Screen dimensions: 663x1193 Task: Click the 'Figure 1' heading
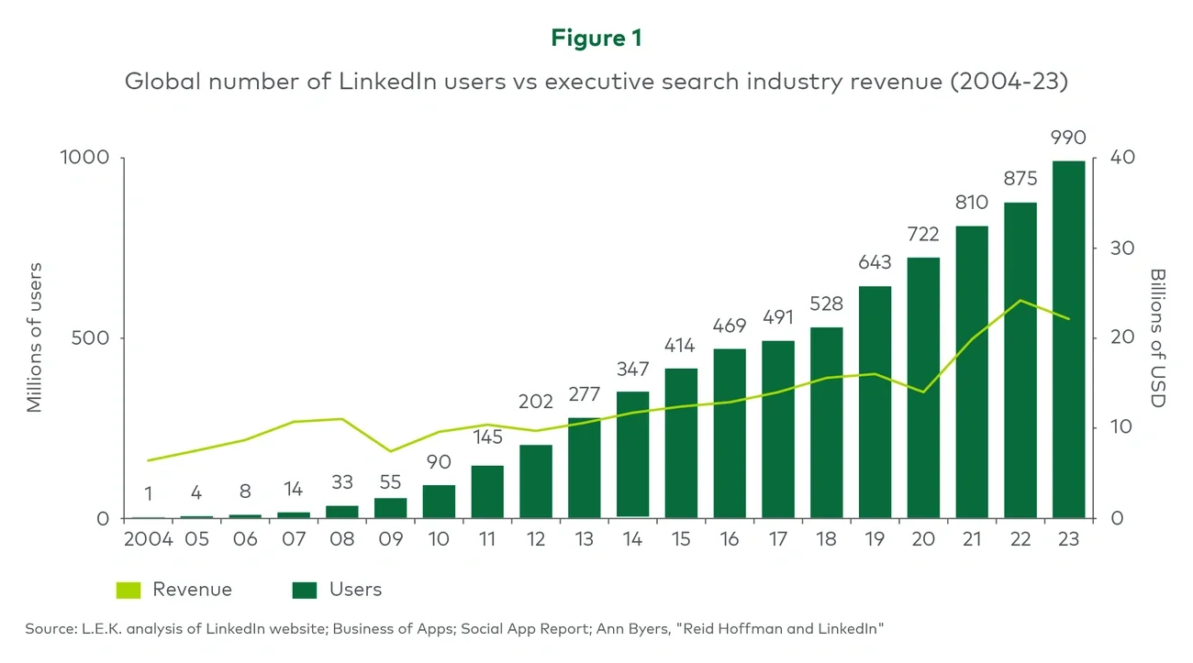596,38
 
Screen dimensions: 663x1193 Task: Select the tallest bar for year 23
1068,339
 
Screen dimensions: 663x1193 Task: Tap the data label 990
1068,138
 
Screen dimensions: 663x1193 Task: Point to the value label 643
875,263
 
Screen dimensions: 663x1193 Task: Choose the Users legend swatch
304,590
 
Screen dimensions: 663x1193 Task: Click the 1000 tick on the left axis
84,158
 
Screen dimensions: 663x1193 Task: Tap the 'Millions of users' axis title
35,337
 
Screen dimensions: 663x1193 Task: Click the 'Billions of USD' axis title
1156,337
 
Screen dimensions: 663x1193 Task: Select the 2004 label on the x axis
149,539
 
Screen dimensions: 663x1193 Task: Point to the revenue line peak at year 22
1020,301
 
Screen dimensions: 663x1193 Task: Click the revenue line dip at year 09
391,451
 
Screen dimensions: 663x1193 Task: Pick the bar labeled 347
633,454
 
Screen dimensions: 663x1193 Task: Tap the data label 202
536,402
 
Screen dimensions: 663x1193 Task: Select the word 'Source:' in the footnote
51,628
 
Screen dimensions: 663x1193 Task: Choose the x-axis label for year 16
730,539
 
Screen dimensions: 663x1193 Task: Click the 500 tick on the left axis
91,338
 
